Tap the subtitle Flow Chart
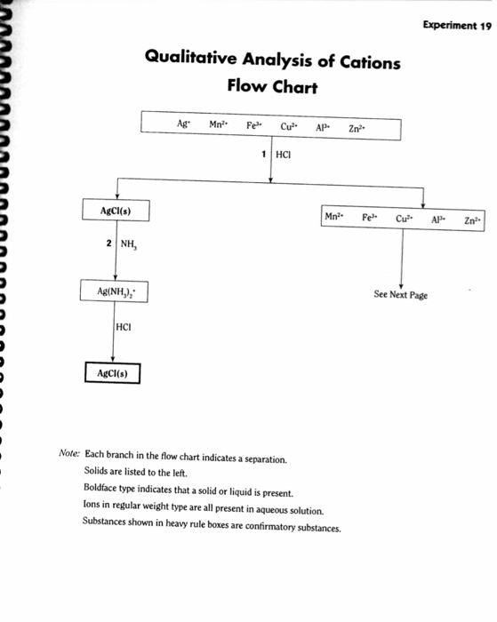click(x=271, y=89)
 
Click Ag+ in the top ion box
click(x=182, y=124)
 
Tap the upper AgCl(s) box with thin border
click(x=116, y=211)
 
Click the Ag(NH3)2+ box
click(x=116, y=291)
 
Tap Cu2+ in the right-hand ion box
click(x=405, y=218)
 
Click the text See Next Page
click(x=401, y=295)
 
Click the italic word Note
click(x=69, y=453)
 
